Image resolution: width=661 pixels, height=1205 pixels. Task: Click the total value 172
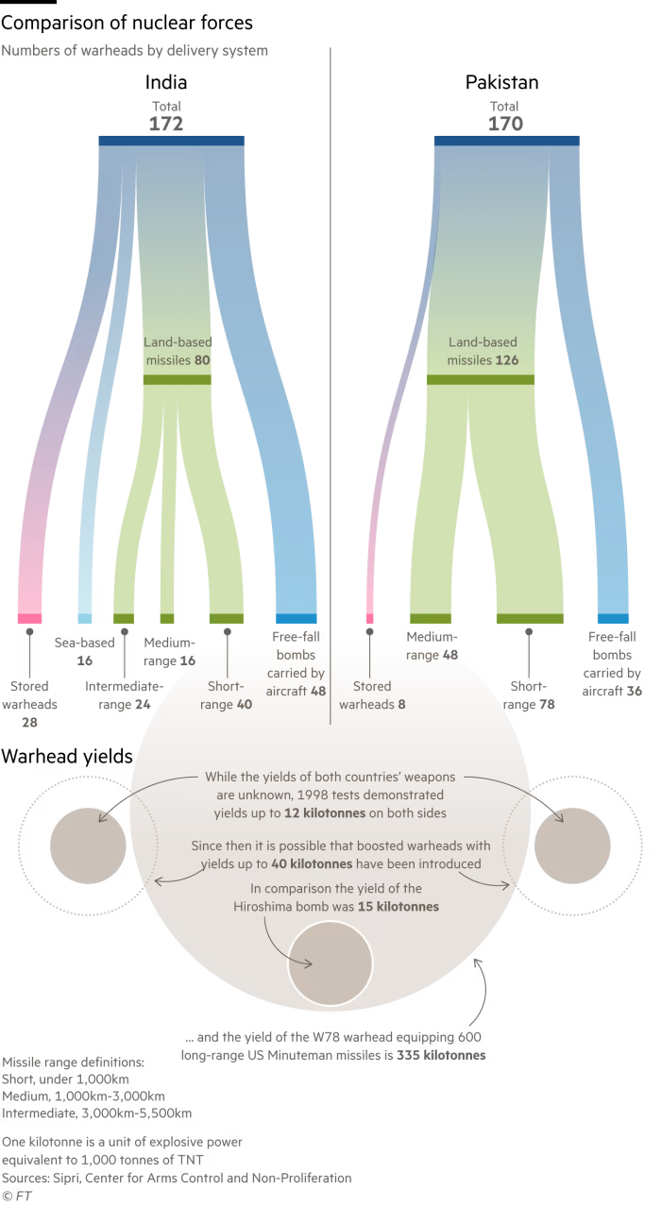[165, 124]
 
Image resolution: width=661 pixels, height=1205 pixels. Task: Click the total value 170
[505, 124]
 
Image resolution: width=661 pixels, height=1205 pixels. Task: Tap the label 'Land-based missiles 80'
[177, 351]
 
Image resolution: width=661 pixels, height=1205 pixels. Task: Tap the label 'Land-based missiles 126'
[483, 351]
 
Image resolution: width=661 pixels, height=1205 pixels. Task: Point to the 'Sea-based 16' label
[84, 652]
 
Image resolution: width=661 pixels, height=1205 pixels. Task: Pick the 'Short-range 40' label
[228, 695]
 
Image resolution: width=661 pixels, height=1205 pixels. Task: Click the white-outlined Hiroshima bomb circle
[330, 963]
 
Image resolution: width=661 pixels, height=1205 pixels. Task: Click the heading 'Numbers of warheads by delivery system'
[134, 51]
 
